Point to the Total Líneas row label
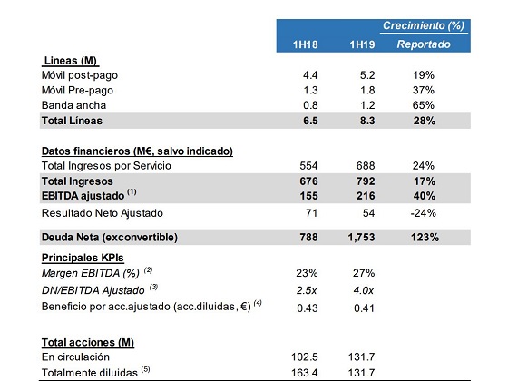73,121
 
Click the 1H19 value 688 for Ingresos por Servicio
365,165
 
